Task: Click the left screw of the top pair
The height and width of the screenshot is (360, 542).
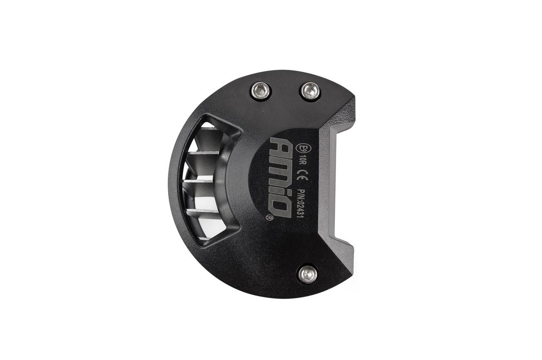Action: [x=261, y=91]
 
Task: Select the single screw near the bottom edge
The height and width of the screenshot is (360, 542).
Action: [x=307, y=274]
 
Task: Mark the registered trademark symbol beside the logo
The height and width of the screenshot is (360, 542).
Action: [x=269, y=218]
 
